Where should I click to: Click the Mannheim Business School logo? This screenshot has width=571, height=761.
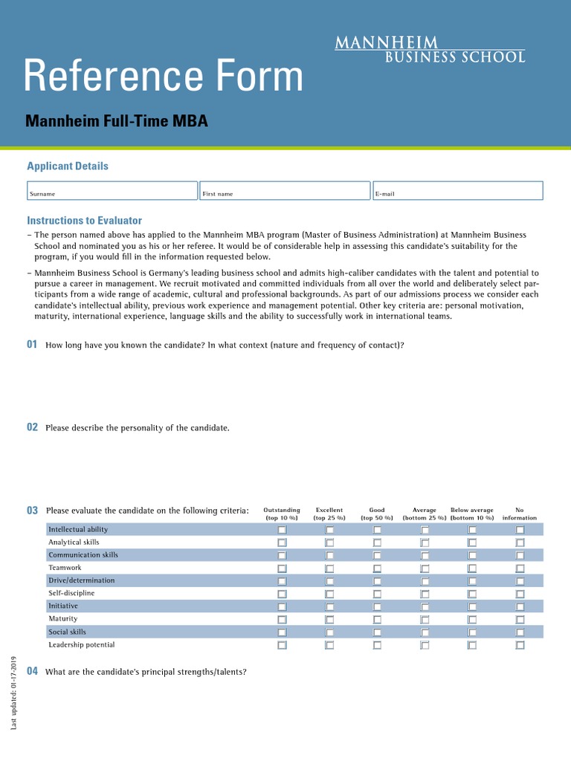click(x=430, y=49)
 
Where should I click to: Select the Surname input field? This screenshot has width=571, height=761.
click(x=112, y=190)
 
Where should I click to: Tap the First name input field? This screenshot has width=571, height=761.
click(x=285, y=190)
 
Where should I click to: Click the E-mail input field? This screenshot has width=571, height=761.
click(x=457, y=190)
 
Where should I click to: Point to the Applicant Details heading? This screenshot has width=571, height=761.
click(x=68, y=166)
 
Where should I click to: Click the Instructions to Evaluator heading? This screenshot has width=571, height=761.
click(x=84, y=221)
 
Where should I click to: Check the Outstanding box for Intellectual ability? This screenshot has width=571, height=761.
click(x=282, y=530)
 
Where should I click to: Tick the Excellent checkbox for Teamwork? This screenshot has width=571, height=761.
click(x=329, y=569)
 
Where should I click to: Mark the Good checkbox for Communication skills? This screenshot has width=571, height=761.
click(x=377, y=556)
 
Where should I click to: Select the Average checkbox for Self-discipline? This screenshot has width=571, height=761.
click(x=425, y=595)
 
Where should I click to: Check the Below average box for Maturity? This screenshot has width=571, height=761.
click(x=472, y=620)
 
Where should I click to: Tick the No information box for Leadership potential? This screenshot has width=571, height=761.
click(x=520, y=646)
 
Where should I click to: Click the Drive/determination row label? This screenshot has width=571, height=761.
click(x=82, y=580)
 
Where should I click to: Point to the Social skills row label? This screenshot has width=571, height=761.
click(x=68, y=632)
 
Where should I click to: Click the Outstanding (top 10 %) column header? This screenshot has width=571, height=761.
click(x=282, y=514)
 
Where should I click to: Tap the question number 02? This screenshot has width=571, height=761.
click(x=32, y=427)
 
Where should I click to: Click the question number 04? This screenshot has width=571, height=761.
click(x=32, y=671)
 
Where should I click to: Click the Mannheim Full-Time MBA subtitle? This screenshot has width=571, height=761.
click(x=117, y=120)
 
